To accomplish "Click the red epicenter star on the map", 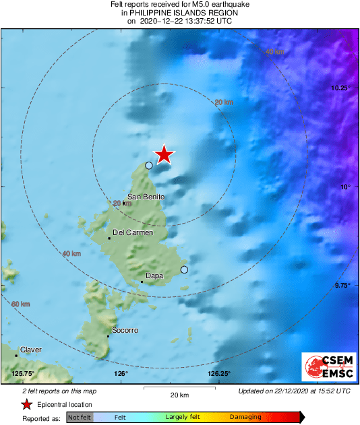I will (x=164, y=155).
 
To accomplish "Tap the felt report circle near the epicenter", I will (x=149, y=165).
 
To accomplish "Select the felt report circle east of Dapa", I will (x=184, y=270).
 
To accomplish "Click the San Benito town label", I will (x=146, y=196).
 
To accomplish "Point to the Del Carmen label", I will (x=132, y=232).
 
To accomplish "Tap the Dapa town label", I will (x=154, y=275).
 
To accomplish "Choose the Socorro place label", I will (x=125, y=330).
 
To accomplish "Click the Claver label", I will (x=31, y=350).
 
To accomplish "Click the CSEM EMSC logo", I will (x=326, y=366).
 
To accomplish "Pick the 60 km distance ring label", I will (x=20, y=304).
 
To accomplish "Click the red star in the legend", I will (x=26, y=404).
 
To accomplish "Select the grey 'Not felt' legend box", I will (x=80, y=417).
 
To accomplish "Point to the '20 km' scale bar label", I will (x=179, y=395).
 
